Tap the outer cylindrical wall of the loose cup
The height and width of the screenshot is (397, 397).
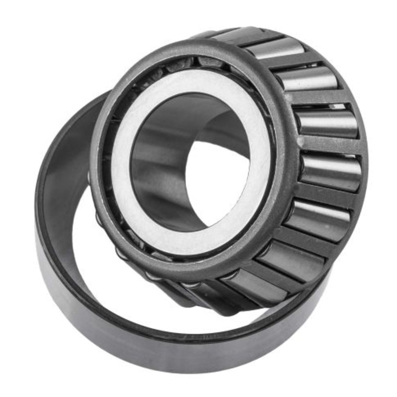click(x=149, y=357)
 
